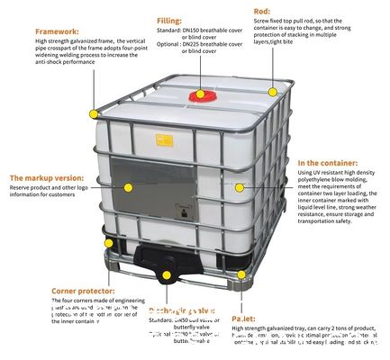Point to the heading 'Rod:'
262,11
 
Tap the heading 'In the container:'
329,161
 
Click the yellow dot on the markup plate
129,187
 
